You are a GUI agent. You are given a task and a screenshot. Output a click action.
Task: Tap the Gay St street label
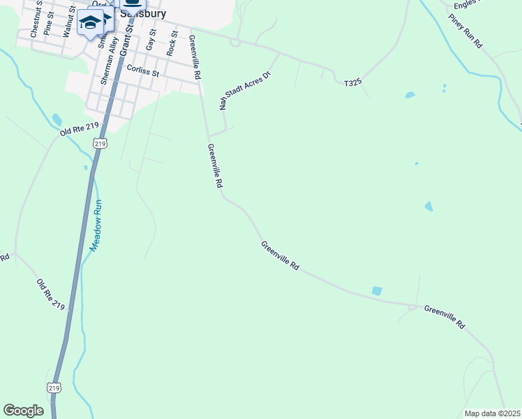(x=149, y=40)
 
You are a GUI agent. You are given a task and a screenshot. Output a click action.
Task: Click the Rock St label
(x=172, y=43)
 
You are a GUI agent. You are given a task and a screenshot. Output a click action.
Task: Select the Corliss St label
(x=143, y=70)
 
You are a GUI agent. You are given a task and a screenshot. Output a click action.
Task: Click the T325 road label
(x=352, y=83)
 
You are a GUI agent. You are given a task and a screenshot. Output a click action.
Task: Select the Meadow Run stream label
(x=96, y=226)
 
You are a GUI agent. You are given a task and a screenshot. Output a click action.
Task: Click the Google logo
(x=23, y=411)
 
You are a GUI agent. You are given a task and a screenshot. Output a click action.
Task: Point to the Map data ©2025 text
(x=491, y=413)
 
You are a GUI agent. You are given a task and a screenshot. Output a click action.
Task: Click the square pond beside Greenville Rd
(x=377, y=291)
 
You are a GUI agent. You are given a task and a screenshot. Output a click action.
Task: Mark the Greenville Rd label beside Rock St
(x=195, y=53)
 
